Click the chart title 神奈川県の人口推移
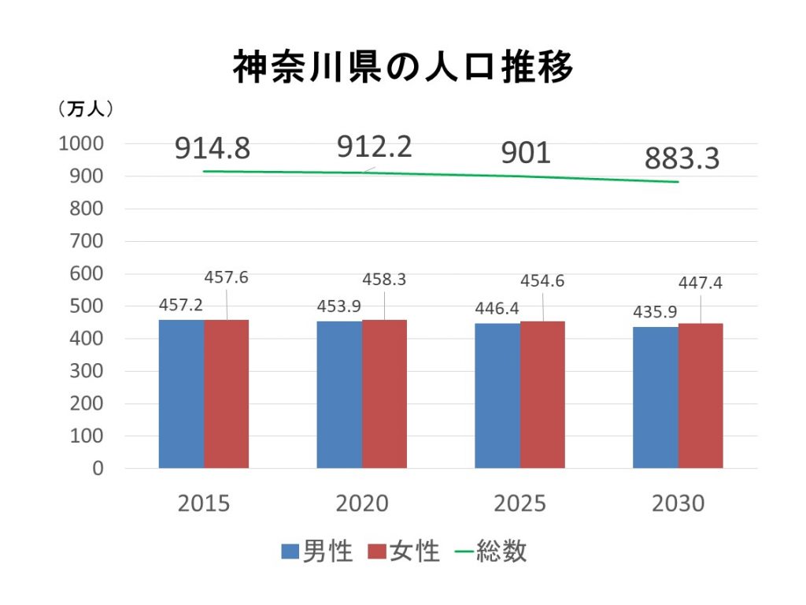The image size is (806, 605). click(x=403, y=68)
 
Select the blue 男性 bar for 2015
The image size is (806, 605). click(x=181, y=394)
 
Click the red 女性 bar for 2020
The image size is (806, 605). click(x=384, y=394)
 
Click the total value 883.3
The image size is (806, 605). click(x=682, y=158)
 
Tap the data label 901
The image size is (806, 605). click(x=526, y=153)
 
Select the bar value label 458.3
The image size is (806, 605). click(x=384, y=279)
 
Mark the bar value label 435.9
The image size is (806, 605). click(x=656, y=312)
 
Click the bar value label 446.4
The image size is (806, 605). click(x=497, y=308)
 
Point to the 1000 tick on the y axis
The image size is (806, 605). click(x=80, y=144)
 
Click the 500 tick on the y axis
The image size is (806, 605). click(x=87, y=306)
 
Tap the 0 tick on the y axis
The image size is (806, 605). click(x=98, y=469)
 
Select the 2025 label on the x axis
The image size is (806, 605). click(x=520, y=503)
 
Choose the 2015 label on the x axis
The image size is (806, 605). click(x=204, y=503)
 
